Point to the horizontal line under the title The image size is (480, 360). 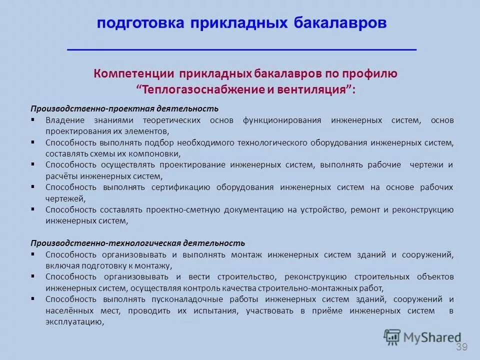tap(241, 50)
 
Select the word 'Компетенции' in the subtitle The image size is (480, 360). tap(132, 74)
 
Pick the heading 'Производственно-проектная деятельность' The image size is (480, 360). tap(124, 108)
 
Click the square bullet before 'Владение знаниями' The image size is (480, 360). tap(33, 120)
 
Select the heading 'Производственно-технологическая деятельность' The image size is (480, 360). tap(138, 243)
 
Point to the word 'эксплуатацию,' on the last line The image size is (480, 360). tap(74, 322)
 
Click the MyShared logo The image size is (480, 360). tap(422, 337)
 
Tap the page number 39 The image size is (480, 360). tap(461, 347)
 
